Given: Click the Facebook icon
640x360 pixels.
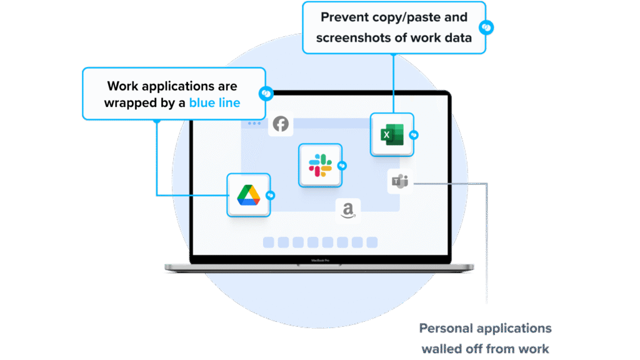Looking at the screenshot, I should point(281,124).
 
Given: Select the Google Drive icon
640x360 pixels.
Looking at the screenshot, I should point(248,196).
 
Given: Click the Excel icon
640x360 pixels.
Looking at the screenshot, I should point(392,134).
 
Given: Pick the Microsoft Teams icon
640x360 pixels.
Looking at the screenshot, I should point(399,182).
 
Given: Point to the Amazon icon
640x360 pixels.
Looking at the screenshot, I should point(348,211).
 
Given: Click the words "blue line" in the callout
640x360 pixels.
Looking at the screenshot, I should point(214,102).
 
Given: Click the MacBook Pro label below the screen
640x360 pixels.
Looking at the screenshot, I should point(320,259).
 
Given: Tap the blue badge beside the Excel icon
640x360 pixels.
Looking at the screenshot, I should point(414,135).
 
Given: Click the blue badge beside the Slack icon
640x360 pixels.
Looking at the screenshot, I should point(342,166).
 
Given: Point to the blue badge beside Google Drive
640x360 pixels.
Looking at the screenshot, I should point(270,195).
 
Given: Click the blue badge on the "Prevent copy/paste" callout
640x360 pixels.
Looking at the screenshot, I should point(486,27).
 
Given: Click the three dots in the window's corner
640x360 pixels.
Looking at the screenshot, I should point(254,124).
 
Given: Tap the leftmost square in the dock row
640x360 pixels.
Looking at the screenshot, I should point(268,242).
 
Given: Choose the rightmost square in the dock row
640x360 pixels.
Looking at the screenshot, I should point(372,242).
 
